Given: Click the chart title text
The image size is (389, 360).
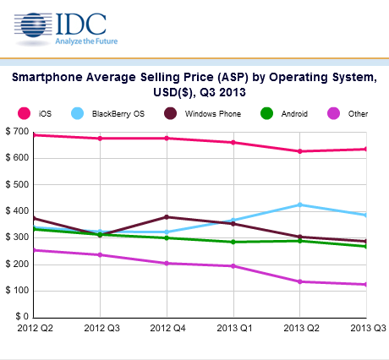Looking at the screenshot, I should pyautogui.click(x=194, y=85).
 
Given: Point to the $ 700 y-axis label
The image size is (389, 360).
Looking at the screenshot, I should pyautogui.click(x=17, y=131).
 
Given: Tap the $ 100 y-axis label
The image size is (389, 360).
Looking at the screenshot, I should pyautogui.click(x=17, y=291).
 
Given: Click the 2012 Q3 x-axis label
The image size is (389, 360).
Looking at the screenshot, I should pyautogui.click(x=100, y=327).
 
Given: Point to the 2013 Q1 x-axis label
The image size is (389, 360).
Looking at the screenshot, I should pyautogui.click(x=233, y=327).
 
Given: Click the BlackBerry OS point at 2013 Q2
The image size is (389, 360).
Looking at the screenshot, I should pyautogui.click(x=300, y=205).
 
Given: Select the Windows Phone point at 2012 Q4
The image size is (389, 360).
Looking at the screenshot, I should pyautogui.click(x=167, y=217).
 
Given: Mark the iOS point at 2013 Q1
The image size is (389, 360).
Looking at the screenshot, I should pyautogui.click(x=233, y=143).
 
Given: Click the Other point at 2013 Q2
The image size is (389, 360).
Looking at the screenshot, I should pyautogui.click(x=300, y=281).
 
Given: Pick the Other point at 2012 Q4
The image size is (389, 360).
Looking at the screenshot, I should pyautogui.click(x=167, y=263).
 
